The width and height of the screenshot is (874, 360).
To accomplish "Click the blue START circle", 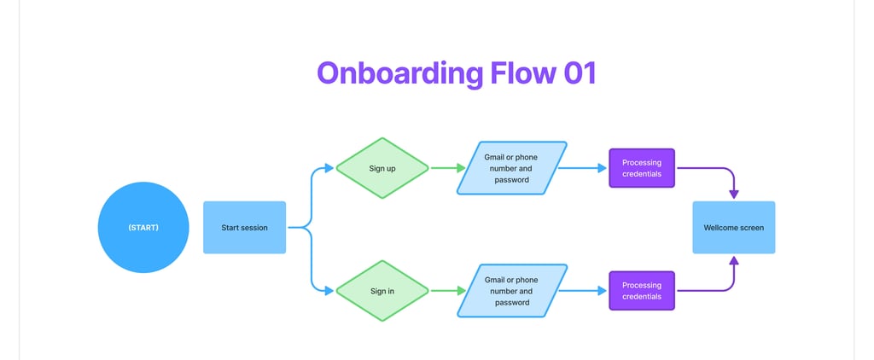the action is (143, 228).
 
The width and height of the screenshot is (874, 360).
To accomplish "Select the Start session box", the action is (244, 228).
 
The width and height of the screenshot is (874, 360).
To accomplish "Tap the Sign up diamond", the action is (382, 168).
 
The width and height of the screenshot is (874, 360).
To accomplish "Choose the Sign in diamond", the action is (382, 291).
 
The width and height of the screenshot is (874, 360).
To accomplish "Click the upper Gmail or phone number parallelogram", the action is (512, 168).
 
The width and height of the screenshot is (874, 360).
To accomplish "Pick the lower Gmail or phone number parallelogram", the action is (512, 291).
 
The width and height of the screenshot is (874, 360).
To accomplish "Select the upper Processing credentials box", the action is (642, 168).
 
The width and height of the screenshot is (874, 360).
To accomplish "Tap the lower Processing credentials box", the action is (642, 291).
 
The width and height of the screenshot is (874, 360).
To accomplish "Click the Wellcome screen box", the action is (733, 228).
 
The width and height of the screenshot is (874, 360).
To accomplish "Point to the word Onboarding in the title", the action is (400, 74).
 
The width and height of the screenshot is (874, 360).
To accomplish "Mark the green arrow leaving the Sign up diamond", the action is (448, 168).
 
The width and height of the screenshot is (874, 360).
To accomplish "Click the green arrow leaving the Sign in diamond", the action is (448, 291).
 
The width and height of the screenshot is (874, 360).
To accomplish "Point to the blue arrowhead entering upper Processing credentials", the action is (602, 168).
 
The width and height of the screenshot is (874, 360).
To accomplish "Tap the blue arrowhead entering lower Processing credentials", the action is (602, 291).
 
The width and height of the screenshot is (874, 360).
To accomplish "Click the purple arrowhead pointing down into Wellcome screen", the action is (733, 195).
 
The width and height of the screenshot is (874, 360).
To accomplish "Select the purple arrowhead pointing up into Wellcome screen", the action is (733, 260).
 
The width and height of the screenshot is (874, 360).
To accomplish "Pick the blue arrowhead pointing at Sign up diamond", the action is (329, 168).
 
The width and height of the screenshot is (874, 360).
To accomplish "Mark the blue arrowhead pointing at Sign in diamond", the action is (329, 291).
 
